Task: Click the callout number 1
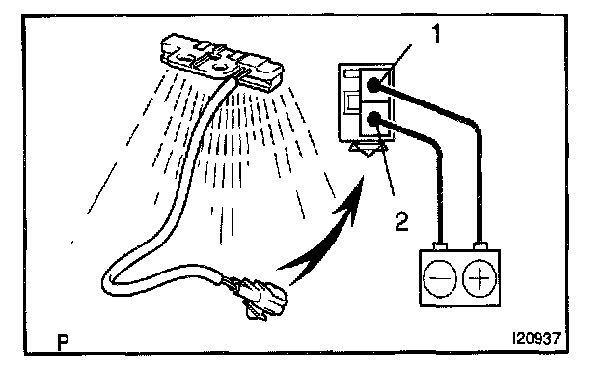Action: coord(436,33)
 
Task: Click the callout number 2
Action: coord(402,222)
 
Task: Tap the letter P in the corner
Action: coord(63,342)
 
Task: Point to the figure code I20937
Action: coord(536,339)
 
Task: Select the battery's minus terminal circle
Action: coord(440,278)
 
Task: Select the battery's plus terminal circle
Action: coord(479,278)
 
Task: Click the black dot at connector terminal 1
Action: coord(372,85)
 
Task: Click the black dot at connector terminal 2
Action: coord(373,119)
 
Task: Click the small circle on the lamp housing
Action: coord(220,68)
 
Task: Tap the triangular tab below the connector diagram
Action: coord(368,148)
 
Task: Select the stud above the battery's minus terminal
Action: coord(440,245)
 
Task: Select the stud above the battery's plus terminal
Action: coord(479,245)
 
